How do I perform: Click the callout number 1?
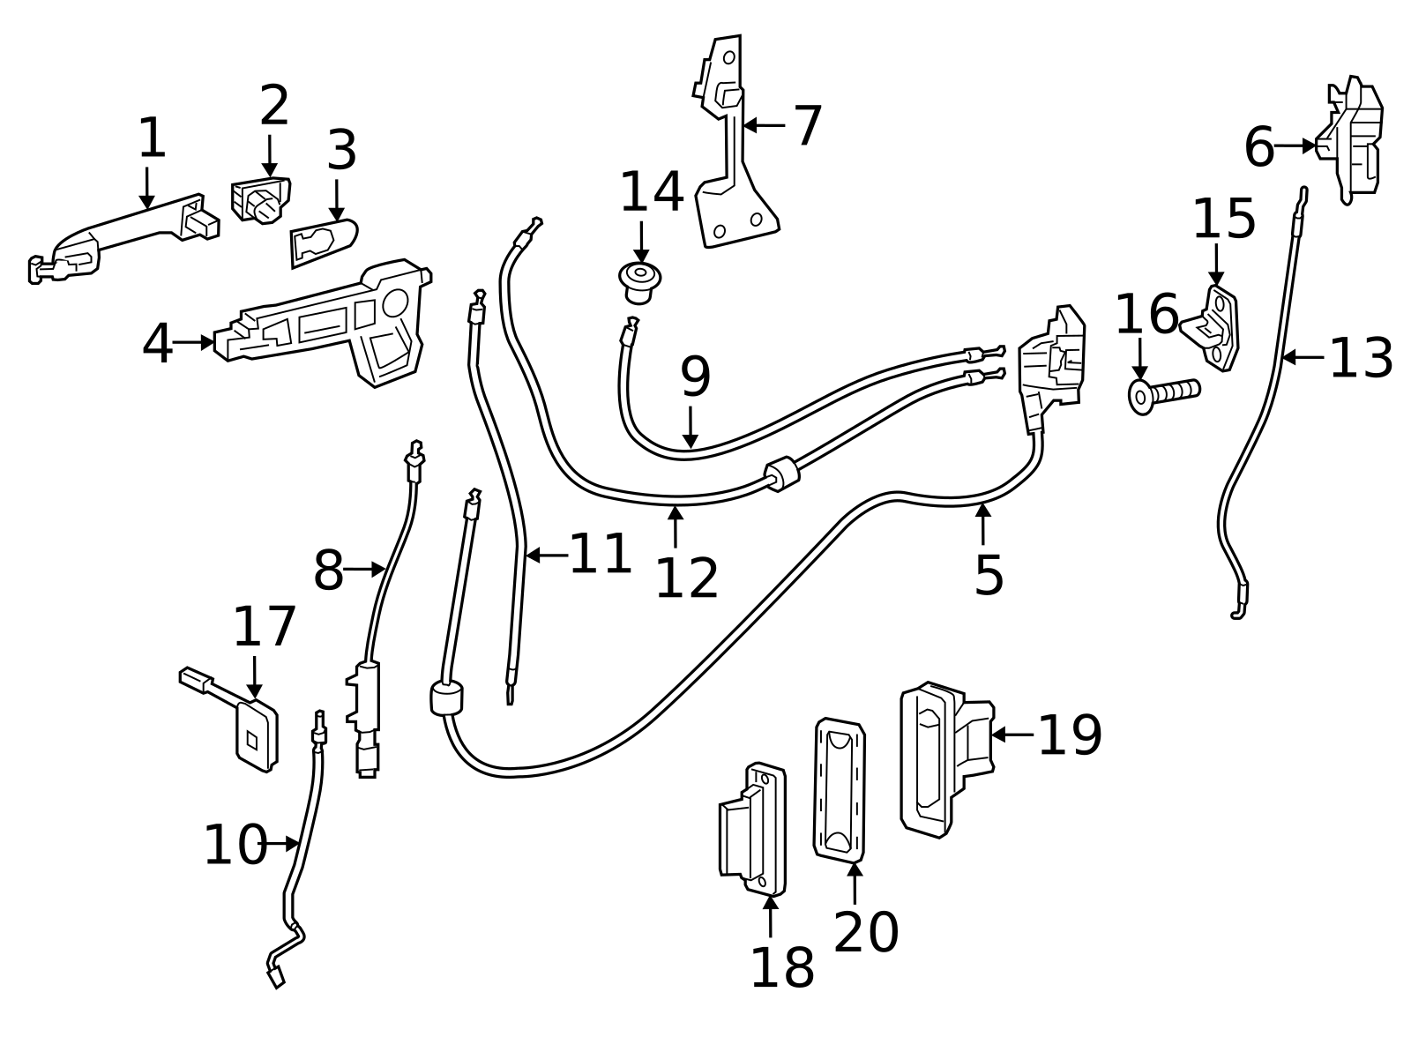[152, 139]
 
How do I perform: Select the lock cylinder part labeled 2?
[260, 201]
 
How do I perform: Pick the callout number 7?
[808, 126]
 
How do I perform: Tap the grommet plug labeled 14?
[641, 280]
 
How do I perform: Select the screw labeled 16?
[1162, 391]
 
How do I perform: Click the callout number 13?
[1360, 359]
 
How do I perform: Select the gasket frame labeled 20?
[839, 789]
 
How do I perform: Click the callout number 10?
[235, 846]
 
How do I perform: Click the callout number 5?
[989, 575]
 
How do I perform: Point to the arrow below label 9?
[691, 427]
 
